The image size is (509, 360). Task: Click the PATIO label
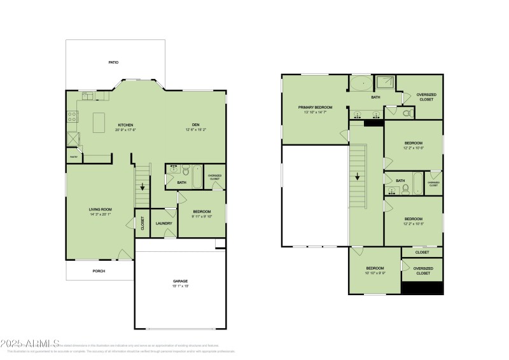tap(113, 62)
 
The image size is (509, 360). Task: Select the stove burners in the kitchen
tap(73, 117)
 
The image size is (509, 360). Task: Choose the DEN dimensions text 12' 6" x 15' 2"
tap(196, 130)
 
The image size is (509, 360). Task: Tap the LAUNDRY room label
tap(164, 223)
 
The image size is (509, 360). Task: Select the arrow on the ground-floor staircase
tap(143, 187)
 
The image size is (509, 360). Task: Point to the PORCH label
tap(99, 271)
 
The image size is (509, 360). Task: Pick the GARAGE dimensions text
tap(181, 286)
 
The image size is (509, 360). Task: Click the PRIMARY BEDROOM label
tap(314, 107)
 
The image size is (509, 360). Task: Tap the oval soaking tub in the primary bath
tap(361, 83)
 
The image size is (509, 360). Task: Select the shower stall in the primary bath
tap(384, 82)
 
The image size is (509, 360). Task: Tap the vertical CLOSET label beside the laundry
tap(143, 223)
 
